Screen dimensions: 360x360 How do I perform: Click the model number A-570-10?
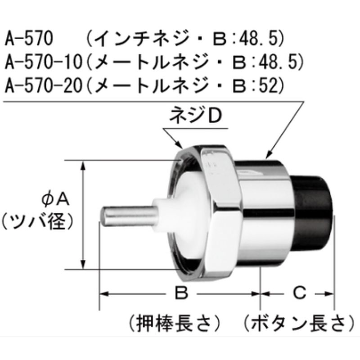pyautogui.click(x=43, y=62)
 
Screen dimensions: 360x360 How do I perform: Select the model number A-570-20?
pyautogui.click(x=43, y=86)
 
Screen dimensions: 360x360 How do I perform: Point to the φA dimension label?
pyautogui.click(x=55, y=199)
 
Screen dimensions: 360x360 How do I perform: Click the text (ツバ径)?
pyautogui.click(x=37, y=222)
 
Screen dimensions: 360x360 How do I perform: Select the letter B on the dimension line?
pyautogui.click(x=181, y=293)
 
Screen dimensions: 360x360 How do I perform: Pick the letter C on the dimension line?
pyautogui.click(x=300, y=293)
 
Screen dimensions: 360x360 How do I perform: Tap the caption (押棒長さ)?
pyautogui.click(x=175, y=324)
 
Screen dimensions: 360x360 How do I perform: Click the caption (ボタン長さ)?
pyautogui.click(x=299, y=324)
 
